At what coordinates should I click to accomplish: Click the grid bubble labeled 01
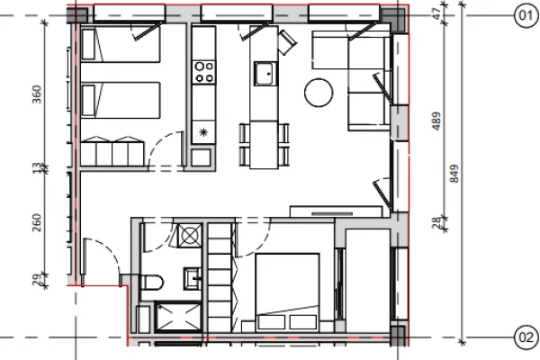click(525, 14)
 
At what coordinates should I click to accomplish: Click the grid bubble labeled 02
click(525, 337)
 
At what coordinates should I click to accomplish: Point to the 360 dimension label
click(37, 95)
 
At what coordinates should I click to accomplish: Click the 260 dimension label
click(37, 221)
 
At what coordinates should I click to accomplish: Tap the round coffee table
click(319, 92)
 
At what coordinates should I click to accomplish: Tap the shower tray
click(171, 318)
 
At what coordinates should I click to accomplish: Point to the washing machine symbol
click(190, 236)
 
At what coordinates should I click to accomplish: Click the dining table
click(264, 140)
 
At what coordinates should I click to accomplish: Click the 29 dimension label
click(37, 282)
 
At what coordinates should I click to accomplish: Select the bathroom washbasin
click(193, 276)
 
